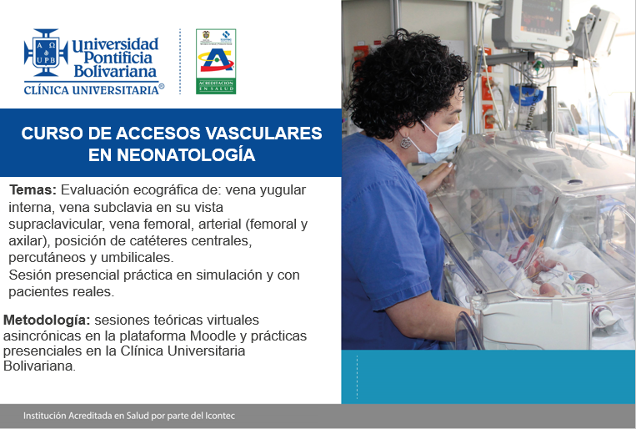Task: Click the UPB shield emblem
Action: [x=46, y=52]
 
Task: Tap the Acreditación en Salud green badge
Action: [x=216, y=61]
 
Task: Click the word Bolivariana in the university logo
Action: [x=115, y=72]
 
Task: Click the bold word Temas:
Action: [x=33, y=189]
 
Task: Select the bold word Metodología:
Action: [x=47, y=320]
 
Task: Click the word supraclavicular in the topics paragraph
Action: [x=56, y=225]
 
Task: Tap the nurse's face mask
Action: [x=440, y=143]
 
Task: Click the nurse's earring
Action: [x=405, y=142]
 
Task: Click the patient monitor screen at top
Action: [x=542, y=19]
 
